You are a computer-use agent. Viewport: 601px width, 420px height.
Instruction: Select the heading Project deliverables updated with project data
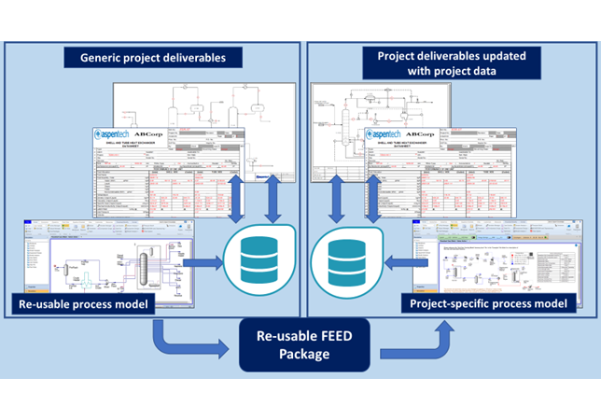(x=451, y=63)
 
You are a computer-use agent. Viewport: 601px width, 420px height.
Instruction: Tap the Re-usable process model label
(x=82, y=303)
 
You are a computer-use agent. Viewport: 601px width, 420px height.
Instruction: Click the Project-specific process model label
(x=496, y=303)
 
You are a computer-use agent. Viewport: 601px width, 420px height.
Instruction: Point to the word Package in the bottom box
(x=300, y=356)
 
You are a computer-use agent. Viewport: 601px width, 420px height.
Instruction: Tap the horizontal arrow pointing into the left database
(x=203, y=264)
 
